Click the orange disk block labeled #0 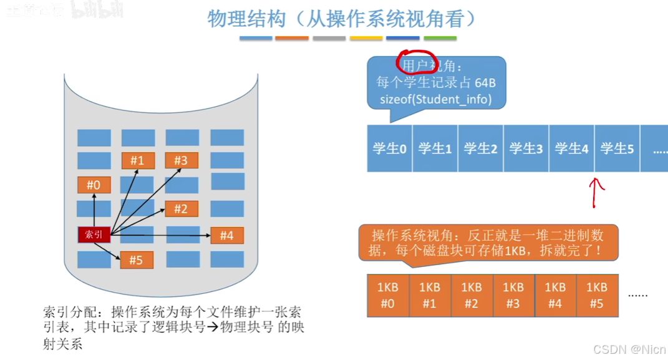[x=94, y=185]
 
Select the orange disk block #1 [x=137, y=160]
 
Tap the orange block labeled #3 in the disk [x=181, y=160]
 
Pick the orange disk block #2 [x=181, y=209]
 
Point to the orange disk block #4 [x=226, y=235]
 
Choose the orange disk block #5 [x=136, y=260]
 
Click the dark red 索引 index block [x=94, y=235]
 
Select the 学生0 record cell [x=390, y=148]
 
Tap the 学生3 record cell [x=526, y=148]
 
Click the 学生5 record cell [x=617, y=148]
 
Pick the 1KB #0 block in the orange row [x=388, y=295]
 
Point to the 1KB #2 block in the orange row [x=472, y=295]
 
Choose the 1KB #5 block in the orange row [x=597, y=295]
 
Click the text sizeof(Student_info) [x=435, y=99]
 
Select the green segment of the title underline [x=440, y=39]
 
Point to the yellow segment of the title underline [x=366, y=39]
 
